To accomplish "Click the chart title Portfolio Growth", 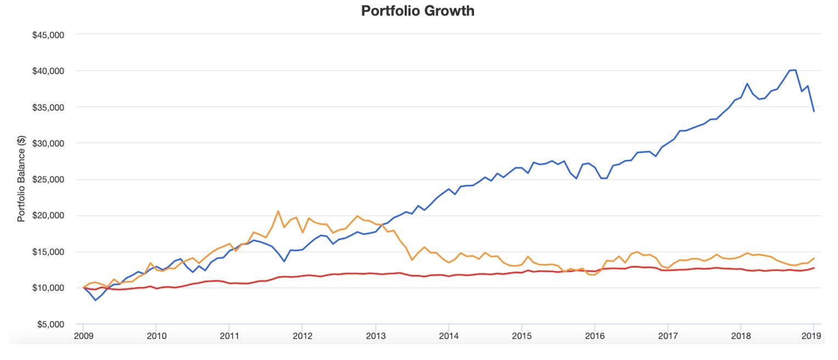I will tap(418, 11).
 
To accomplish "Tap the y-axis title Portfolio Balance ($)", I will tap(21, 179).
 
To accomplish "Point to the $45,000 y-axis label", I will tap(49, 35).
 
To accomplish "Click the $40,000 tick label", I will tap(49, 71).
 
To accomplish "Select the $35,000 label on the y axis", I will tap(49, 107).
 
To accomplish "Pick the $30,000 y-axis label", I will tap(49, 143).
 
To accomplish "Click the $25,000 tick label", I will tap(49, 179).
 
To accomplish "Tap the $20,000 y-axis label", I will tap(49, 216).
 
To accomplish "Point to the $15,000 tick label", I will tap(49, 252).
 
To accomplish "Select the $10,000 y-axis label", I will tap(49, 288).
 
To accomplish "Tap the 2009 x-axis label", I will tap(83, 336).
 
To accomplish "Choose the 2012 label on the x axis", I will tap(302, 336).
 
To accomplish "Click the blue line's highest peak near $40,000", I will tap(795, 70).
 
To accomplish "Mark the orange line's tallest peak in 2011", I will tap(278, 211).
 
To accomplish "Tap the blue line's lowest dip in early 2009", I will tap(95, 300).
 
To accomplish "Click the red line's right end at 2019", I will tap(814, 268).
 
